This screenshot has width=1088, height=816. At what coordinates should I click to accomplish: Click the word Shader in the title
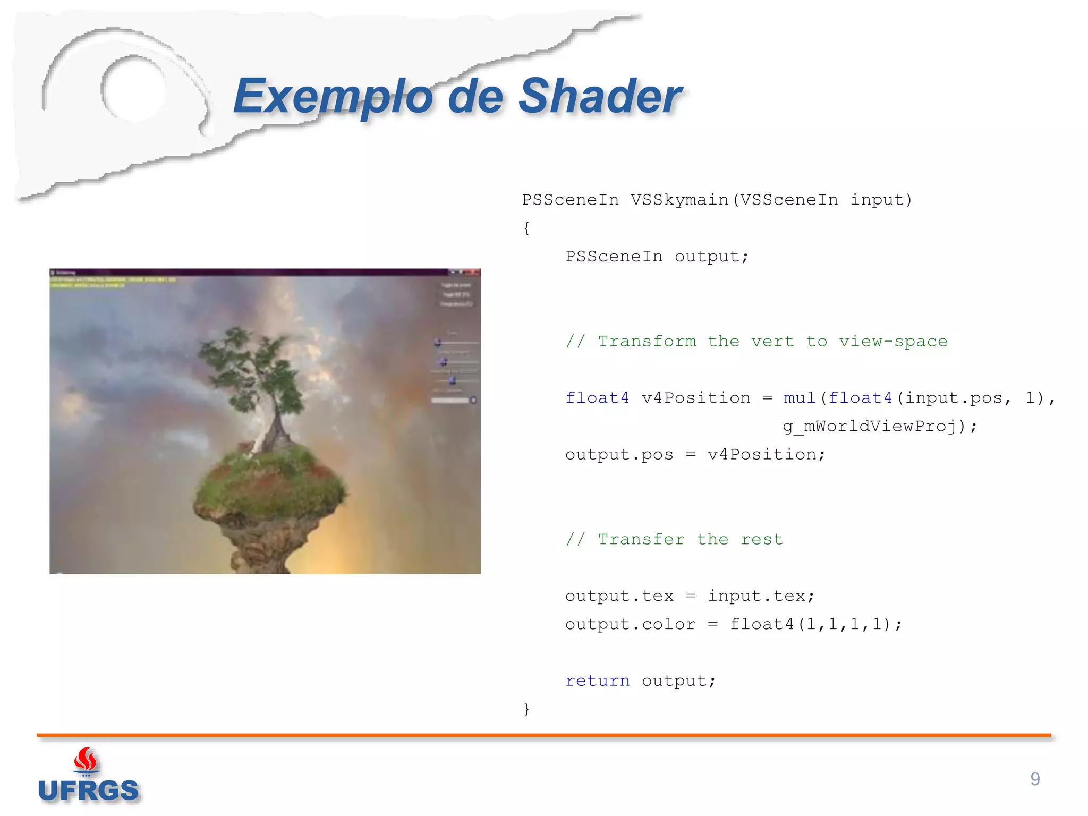[x=599, y=96]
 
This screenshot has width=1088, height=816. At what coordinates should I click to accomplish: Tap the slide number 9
[x=1035, y=779]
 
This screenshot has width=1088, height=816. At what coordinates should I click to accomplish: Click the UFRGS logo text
[x=88, y=790]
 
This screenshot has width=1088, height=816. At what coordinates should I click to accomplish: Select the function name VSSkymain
[x=680, y=200]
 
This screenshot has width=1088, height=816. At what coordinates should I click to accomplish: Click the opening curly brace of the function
[x=526, y=228]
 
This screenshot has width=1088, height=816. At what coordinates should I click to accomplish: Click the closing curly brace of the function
[x=526, y=709]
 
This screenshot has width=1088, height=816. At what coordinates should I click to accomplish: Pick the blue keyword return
[x=597, y=681]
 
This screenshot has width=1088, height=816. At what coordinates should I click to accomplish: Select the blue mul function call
[x=799, y=398]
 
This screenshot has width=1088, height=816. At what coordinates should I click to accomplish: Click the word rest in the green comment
[x=762, y=539]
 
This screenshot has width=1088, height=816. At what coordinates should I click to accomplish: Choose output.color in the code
[x=630, y=624]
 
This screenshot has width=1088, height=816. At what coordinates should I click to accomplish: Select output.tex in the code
[x=619, y=596]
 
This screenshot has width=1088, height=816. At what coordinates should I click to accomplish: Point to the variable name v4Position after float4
[x=696, y=398]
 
